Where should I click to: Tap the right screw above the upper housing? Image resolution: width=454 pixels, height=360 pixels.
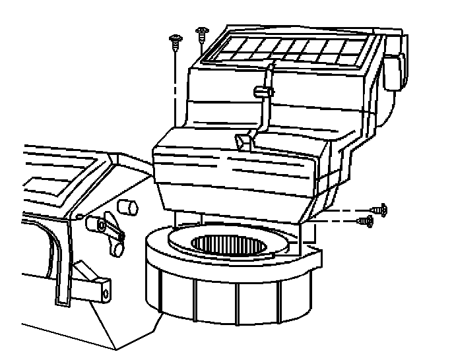coord(200,32)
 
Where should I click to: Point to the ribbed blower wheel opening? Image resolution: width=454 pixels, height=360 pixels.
coord(230,243)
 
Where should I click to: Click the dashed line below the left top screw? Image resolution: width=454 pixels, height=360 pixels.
coord(176,86)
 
